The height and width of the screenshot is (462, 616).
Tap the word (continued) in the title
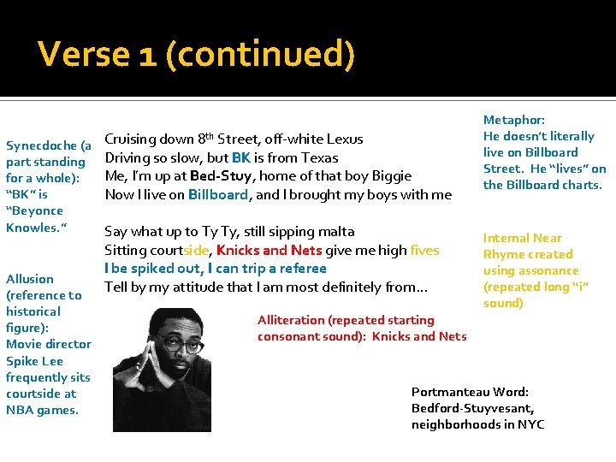(x=260, y=54)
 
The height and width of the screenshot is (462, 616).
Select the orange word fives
(x=424, y=250)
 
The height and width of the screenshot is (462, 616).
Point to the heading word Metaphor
(x=514, y=120)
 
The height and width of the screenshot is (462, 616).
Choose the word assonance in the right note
(x=543, y=270)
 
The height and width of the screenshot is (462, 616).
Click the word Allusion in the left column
(x=30, y=278)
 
